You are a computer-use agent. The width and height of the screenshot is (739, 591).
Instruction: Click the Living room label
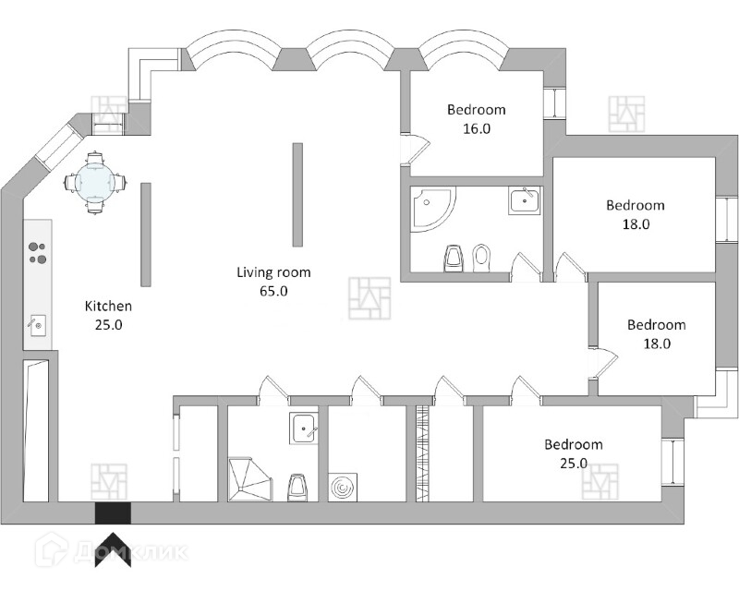click(x=273, y=272)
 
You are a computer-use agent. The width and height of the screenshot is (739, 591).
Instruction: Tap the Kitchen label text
click(x=109, y=306)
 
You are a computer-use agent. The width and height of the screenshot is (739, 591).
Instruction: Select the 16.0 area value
click(x=476, y=129)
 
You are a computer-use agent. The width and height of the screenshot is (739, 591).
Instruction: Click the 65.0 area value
click(x=273, y=292)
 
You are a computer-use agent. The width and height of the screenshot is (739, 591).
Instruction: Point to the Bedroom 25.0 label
click(x=573, y=444)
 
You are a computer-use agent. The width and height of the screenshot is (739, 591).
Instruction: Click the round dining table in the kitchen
click(x=95, y=182)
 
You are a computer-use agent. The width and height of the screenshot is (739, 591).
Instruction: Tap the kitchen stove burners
click(x=37, y=252)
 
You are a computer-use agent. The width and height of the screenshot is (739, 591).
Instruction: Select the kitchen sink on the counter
click(x=39, y=324)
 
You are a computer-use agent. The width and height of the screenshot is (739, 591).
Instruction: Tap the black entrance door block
click(x=113, y=513)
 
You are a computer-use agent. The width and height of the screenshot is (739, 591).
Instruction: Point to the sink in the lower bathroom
click(x=305, y=428)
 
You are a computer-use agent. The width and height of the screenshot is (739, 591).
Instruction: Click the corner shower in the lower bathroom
click(x=248, y=478)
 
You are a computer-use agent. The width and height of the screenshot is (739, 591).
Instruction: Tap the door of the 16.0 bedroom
click(x=411, y=149)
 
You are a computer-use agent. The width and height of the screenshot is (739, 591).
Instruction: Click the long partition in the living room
click(x=297, y=194)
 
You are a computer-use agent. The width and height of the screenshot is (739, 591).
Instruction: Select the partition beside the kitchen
click(x=146, y=234)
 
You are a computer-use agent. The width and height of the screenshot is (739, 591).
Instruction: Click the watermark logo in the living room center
click(x=369, y=297)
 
